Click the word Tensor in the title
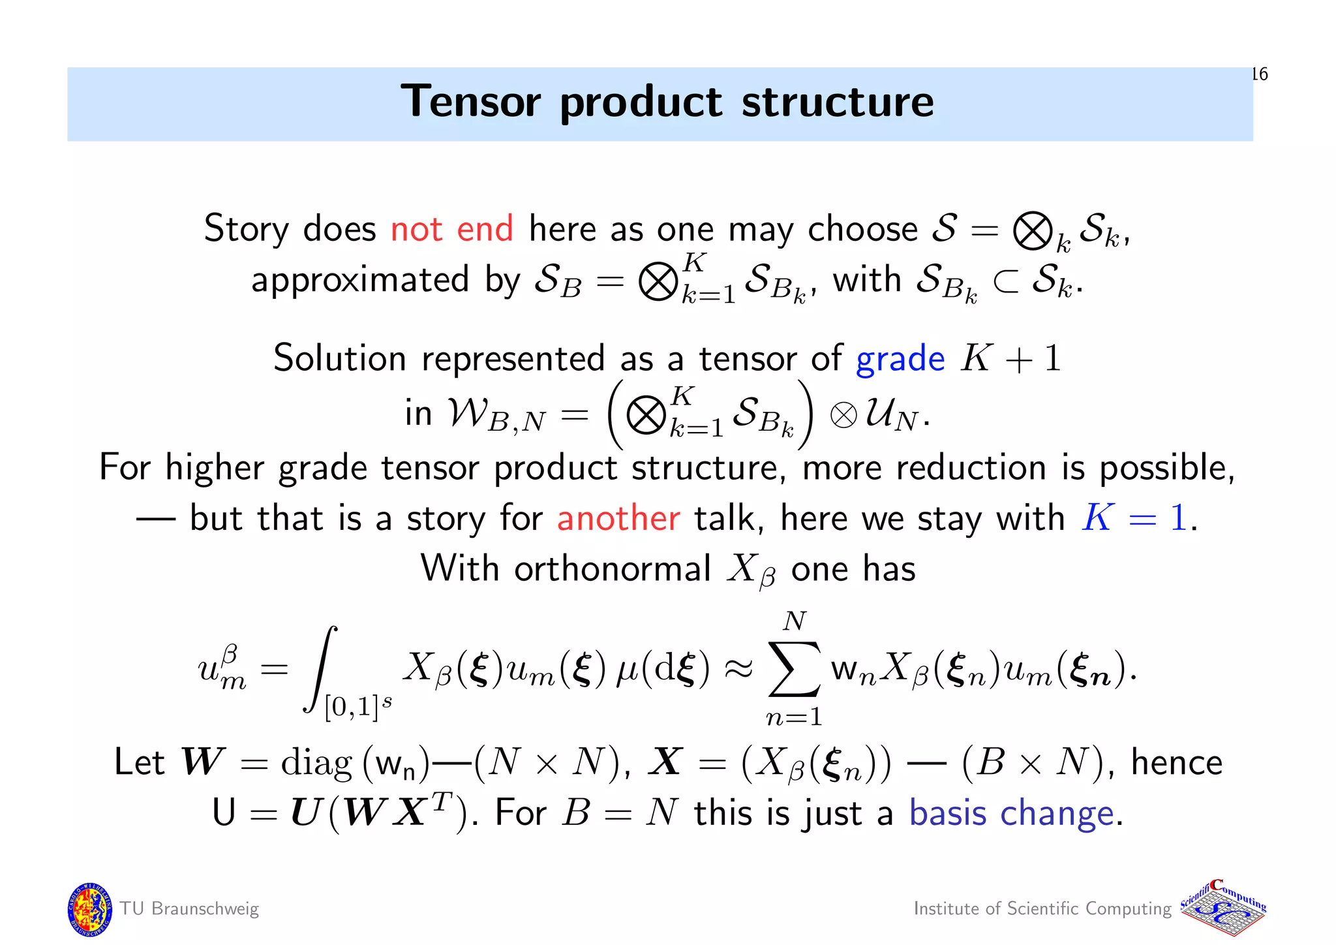pyautogui.click(x=470, y=102)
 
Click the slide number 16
pyautogui.click(x=1260, y=74)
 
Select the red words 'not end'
pyautogui.click(x=451, y=229)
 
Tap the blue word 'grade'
pyautogui.click(x=900, y=360)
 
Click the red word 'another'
pyautogui.click(x=618, y=519)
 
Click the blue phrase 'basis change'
pyautogui.click(x=1011, y=814)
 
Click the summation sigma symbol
pyautogui.click(x=794, y=669)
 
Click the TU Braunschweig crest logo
pyautogui.click(x=89, y=909)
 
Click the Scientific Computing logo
pyautogui.click(x=1223, y=909)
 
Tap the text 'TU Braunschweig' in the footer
pyautogui.click(x=189, y=909)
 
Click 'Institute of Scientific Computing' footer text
pyautogui.click(x=1042, y=909)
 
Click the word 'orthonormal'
pyautogui.click(x=612, y=569)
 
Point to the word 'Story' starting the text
pyautogui.click(x=246, y=229)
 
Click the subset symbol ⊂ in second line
pyautogui.click(x=1005, y=282)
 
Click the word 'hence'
pyautogui.click(x=1176, y=763)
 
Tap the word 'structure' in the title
pyautogui.click(x=838, y=102)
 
